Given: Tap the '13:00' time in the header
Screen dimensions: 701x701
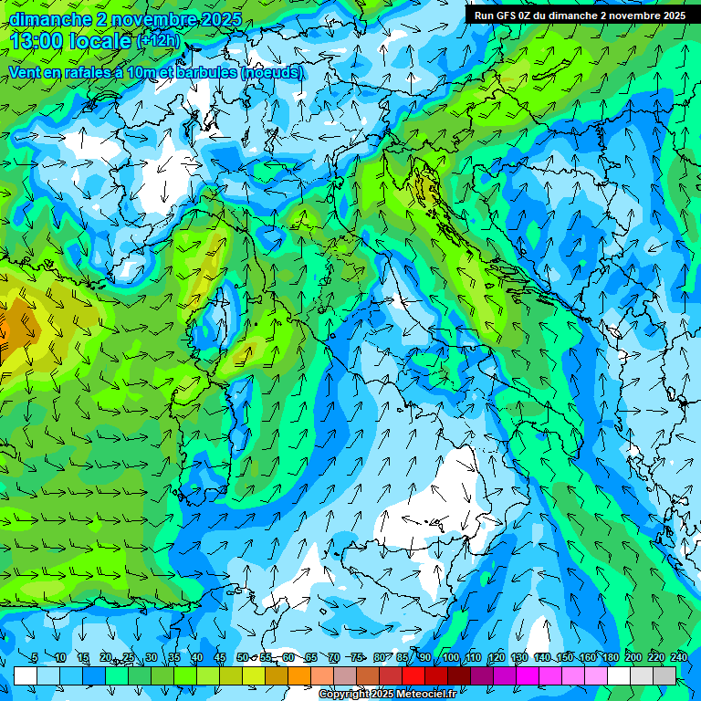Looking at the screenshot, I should [38, 41].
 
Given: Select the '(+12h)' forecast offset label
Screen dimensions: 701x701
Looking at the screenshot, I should [158, 40].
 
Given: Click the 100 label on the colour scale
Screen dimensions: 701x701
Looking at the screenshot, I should [451, 657].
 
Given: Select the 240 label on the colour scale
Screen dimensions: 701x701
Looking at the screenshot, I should [679, 657].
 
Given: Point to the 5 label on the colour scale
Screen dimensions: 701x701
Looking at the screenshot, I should [35, 657].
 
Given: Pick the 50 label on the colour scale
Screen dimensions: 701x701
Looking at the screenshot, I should [243, 657].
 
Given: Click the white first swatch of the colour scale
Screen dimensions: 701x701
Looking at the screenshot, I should [25, 675].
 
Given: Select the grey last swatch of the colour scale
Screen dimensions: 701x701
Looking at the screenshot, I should [664, 675].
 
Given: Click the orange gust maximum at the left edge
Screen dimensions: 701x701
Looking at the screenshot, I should [11, 329].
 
